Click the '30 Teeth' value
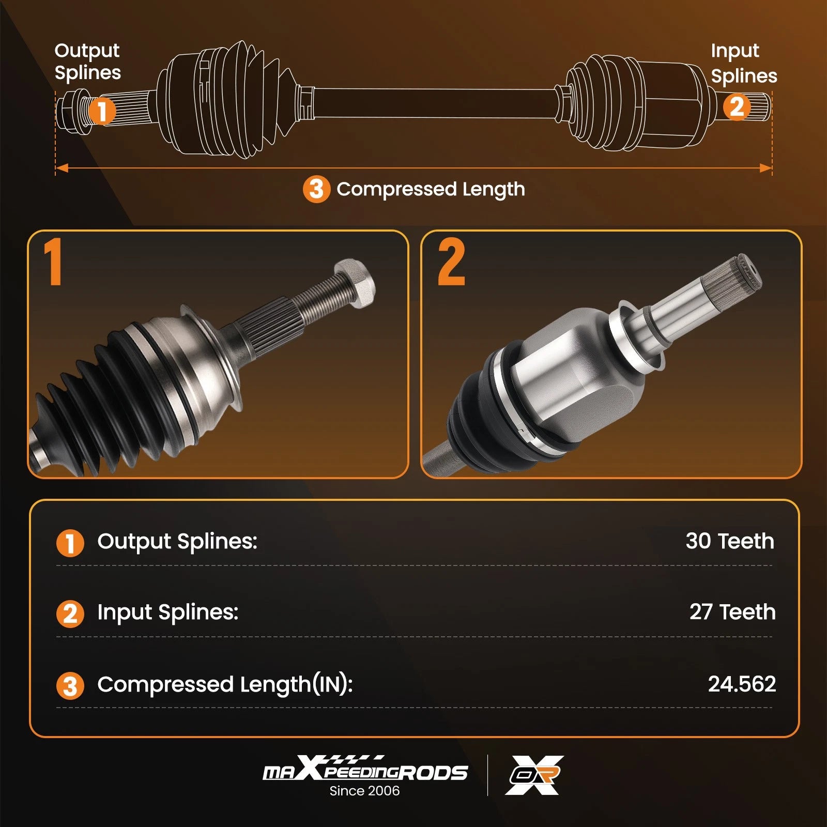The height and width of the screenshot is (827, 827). coord(730,541)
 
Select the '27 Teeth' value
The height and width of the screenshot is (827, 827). coord(732,612)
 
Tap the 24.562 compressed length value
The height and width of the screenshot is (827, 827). coord(742,684)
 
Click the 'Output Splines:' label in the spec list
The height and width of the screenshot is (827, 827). coord(177,542)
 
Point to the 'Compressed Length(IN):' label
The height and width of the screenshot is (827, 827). coord(225,685)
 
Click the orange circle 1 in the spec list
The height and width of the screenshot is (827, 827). coord(70,543)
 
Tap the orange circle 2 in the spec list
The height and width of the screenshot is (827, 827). coord(70,614)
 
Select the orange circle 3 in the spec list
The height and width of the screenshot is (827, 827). coord(70,686)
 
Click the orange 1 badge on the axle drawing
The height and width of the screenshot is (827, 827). coord(102,111)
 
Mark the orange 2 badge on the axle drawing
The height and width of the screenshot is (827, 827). coord(736,107)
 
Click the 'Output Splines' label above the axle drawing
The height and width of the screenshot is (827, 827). coord(87,62)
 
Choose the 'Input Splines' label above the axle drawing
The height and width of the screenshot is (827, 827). coord(744,63)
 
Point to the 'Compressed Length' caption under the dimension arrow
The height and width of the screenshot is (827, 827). coord(431,190)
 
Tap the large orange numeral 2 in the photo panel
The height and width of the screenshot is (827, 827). coord(451,262)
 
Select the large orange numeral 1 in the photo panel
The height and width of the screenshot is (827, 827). coord(53,262)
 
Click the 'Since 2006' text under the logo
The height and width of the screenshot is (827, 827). coord(364,791)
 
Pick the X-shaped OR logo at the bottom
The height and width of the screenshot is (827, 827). coord(534,775)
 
